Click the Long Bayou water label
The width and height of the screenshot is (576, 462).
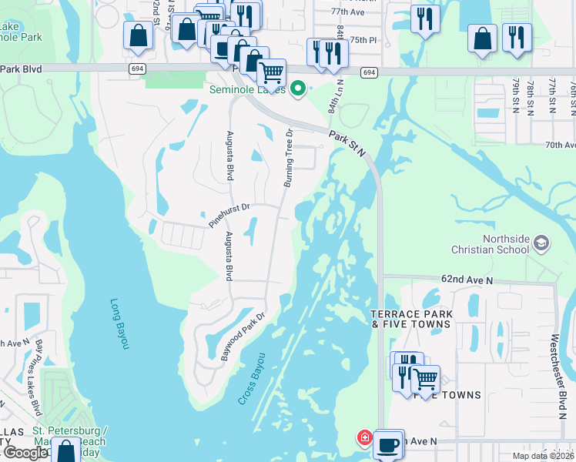pyautogui.click(x=116, y=324)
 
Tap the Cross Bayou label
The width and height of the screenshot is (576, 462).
pyautogui.click(x=252, y=379)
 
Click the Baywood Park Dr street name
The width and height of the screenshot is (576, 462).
pyautogui.click(x=243, y=336)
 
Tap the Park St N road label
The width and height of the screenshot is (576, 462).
pyautogui.click(x=347, y=139)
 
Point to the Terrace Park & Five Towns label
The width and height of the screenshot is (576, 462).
pyautogui.click(x=410, y=319)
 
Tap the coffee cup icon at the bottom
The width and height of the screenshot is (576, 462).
pyautogui.click(x=390, y=445)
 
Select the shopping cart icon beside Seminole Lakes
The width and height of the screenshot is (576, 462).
pyautogui.click(x=271, y=74)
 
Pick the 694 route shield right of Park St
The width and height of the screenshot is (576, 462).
pyautogui.click(x=370, y=72)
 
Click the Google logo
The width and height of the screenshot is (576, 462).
pyautogui.click(x=25, y=453)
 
